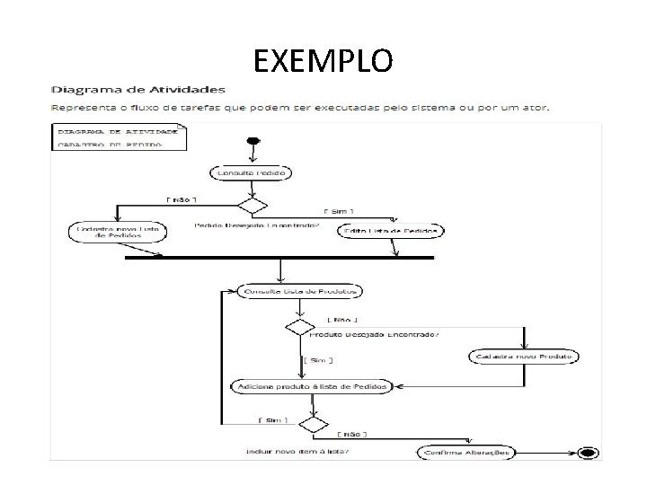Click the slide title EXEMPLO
pos(323,61)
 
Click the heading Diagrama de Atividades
pos(138,90)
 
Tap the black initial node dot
pos(253,140)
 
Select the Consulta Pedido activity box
pos(253,172)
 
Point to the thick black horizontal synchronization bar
pos(279,258)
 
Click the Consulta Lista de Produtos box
pos(300,291)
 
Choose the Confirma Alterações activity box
pos(465,454)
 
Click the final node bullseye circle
pos(589,453)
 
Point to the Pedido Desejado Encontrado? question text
pos(256,225)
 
